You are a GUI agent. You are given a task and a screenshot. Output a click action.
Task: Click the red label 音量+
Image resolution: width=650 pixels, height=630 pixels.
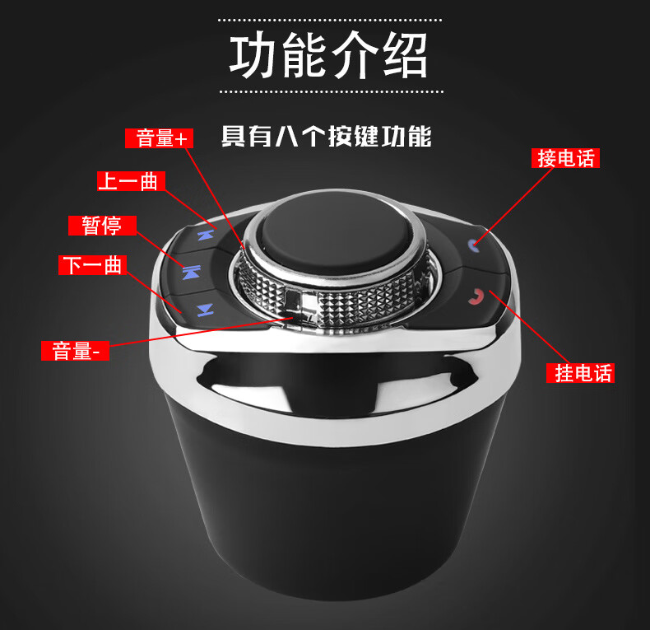(x=159, y=138)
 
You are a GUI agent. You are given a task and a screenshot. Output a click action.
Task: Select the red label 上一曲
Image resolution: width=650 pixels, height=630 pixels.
(x=131, y=181)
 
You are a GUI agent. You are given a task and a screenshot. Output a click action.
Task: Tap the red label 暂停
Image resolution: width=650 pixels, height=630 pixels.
(x=102, y=226)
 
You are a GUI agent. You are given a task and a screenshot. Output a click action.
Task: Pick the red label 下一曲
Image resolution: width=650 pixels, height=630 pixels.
(x=92, y=265)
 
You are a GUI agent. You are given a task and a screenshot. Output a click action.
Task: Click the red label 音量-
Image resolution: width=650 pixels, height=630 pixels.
(x=75, y=351)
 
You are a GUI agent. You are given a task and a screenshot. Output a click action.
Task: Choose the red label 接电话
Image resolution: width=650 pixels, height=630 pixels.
(x=565, y=158)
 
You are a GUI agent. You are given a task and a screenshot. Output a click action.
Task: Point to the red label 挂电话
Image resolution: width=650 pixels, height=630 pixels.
(x=580, y=373)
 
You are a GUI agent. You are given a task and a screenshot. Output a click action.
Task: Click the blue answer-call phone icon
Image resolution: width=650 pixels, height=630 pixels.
(x=473, y=245)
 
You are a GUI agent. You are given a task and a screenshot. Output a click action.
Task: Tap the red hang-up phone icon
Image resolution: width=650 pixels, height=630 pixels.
(x=476, y=296)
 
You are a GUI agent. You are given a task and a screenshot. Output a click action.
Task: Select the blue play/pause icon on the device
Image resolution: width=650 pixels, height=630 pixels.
(x=192, y=273)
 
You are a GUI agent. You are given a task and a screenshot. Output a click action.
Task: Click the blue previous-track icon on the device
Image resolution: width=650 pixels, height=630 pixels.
(x=206, y=236)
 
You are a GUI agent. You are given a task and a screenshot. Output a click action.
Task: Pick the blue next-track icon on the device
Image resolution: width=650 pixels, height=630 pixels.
(x=205, y=310)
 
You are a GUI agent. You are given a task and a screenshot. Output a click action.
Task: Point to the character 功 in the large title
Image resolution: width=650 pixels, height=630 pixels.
(x=253, y=56)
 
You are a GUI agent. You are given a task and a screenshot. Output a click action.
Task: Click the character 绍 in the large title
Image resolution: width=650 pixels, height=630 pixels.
(x=405, y=56)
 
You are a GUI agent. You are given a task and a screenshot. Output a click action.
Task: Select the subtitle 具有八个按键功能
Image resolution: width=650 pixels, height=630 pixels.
(x=327, y=136)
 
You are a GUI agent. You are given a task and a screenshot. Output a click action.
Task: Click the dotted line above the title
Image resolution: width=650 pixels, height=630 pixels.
(x=330, y=20)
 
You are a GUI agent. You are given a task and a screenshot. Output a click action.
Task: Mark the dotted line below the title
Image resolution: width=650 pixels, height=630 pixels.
(x=332, y=91)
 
